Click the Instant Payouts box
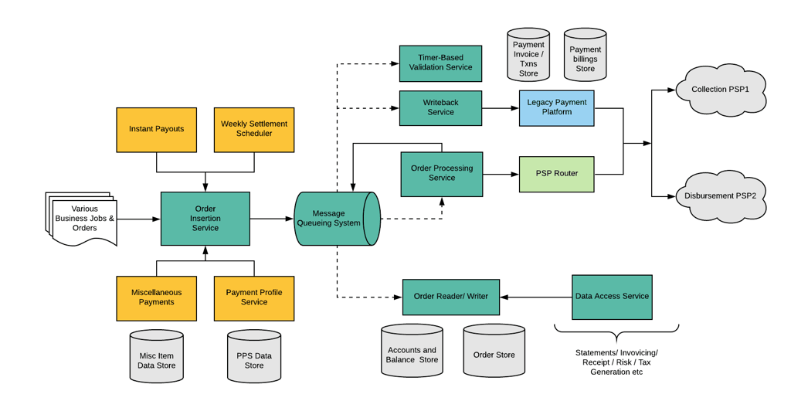coord(156,130)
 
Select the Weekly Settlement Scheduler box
coord(254,130)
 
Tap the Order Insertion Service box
coord(205,219)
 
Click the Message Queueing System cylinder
coord(336,219)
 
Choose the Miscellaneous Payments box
coord(156,298)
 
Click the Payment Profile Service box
coord(254,298)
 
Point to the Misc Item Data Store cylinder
coord(156,357)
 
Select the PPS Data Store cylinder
coord(254,357)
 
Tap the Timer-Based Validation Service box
coord(440,63)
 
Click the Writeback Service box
coord(440,108)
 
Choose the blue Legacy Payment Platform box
coord(556,108)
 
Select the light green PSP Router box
coord(556,174)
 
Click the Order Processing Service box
coord(442,174)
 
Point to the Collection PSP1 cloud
coord(720,90)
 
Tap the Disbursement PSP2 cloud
coord(720,196)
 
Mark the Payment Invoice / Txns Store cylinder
coord(528,56)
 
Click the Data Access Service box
coord(612,297)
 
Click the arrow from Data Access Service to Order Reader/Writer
coord(536,297)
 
